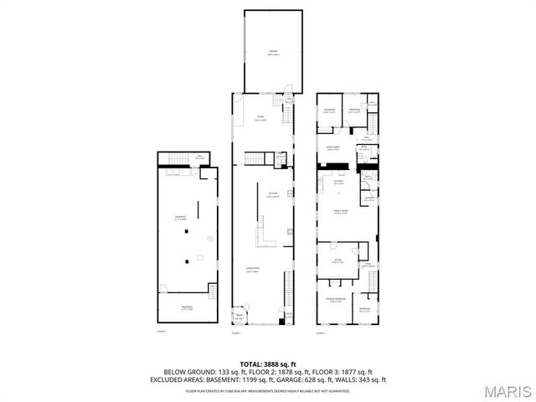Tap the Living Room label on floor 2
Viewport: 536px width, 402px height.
click(251, 270)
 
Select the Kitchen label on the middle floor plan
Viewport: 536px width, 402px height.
click(273, 194)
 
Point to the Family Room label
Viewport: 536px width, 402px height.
click(341, 213)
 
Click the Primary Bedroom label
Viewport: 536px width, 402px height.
click(335, 301)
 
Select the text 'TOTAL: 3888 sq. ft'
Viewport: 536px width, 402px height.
click(267, 364)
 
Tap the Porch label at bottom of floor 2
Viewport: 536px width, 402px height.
click(239, 317)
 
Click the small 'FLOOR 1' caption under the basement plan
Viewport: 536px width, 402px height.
click(162, 332)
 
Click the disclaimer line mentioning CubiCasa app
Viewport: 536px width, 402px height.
click(267, 390)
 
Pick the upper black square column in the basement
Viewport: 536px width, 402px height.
click(188, 230)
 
